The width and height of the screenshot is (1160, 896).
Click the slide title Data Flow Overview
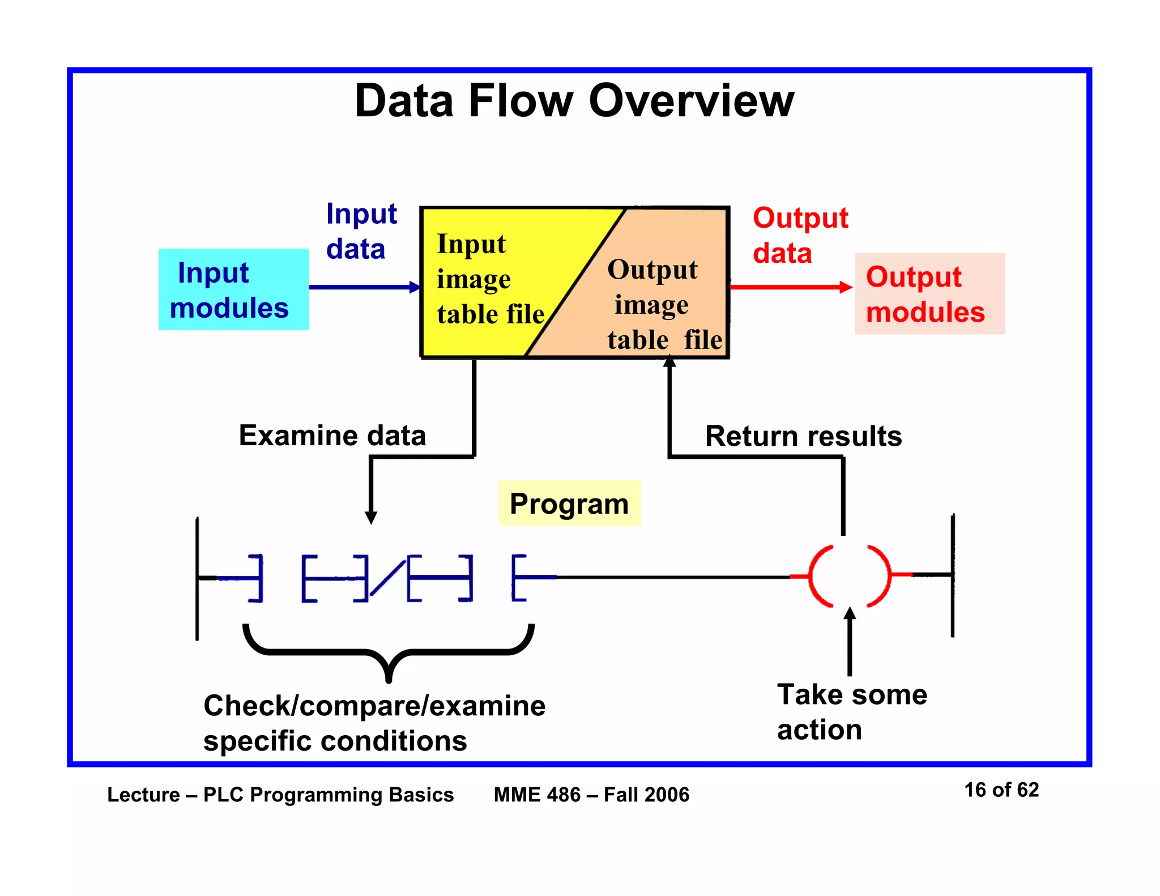[574, 101]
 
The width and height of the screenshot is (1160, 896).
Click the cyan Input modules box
[233, 289]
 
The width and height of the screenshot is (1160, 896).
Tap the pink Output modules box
[929, 294]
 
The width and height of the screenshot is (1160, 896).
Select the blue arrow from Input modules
[362, 287]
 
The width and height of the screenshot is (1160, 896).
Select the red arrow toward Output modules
[790, 287]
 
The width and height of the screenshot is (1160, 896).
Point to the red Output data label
[799, 235]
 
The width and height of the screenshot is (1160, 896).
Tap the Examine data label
[332, 436]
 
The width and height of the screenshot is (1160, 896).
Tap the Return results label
[803, 436]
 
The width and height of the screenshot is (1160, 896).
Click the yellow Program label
[569, 504]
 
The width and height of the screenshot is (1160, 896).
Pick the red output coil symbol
[849, 576]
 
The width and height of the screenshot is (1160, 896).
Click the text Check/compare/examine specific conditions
[374, 723]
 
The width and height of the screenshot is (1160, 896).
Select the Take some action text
[851, 711]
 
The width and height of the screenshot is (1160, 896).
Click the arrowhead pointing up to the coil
[850, 614]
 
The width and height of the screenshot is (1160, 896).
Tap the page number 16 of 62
[1001, 790]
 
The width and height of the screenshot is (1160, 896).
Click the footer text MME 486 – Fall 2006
[591, 795]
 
